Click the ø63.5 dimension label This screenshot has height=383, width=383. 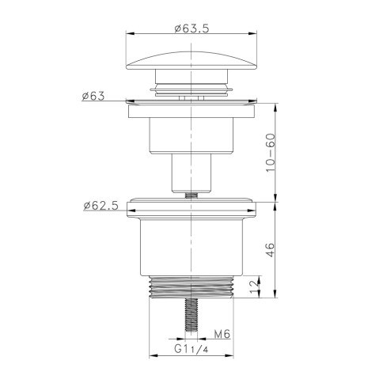[x=191, y=28]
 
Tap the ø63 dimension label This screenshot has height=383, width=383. [x=93, y=96]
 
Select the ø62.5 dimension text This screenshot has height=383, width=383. [x=101, y=206]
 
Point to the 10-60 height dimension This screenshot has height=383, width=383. [x=271, y=153]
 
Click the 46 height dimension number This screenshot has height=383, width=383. [x=271, y=250]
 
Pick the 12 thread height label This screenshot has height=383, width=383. [x=254, y=287]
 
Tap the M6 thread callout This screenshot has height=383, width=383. [x=222, y=335]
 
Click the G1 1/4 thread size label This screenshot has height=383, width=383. [x=191, y=349]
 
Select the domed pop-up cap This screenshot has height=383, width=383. [x=191, y=60]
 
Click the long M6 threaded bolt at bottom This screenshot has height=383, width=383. [x=191, y=315]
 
